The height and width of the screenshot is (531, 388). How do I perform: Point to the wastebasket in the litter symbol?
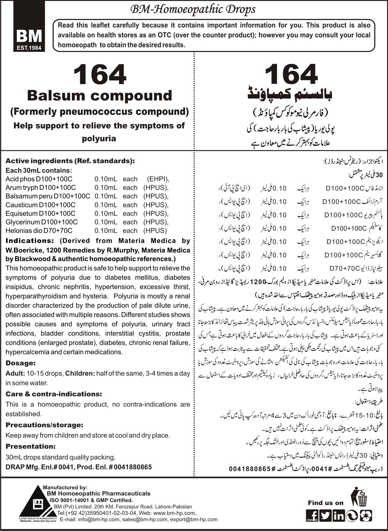(362, 500)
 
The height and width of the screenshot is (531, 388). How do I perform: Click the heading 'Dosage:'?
(20, 363)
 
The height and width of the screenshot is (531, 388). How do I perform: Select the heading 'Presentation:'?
(31, 446)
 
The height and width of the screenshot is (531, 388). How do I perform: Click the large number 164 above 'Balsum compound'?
(99, 75)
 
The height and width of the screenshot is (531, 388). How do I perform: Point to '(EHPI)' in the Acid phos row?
(158, 179)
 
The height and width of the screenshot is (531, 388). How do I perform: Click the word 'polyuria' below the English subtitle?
(99, 138)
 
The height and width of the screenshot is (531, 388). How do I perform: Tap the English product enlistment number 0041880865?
(133, 467)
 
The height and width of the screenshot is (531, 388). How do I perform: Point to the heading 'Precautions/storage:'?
(44, 425)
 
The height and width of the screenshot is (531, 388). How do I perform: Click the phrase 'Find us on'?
(325, 503)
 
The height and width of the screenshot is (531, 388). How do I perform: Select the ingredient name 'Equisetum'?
(21, 213)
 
